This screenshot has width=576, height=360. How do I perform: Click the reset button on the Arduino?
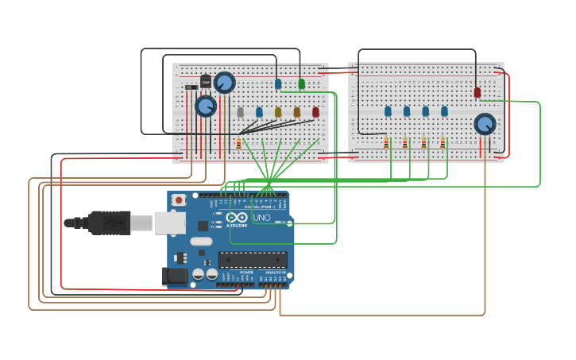point(180,200)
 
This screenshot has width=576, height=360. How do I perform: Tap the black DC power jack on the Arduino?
point(175,277)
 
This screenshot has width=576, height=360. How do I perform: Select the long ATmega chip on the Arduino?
point(253,260)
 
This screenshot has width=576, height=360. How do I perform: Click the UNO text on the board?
point(261,218)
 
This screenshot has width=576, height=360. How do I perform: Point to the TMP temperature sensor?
point(206,81)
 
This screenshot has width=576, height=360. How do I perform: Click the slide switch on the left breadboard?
point(191,87)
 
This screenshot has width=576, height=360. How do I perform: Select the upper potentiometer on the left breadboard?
point(225,83)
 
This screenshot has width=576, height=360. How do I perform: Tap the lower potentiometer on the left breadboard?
point(206,106)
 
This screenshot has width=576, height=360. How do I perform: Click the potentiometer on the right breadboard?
point(485,124)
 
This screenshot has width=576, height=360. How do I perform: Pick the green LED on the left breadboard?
point(301,83)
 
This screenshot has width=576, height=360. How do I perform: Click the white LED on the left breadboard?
point(240,112)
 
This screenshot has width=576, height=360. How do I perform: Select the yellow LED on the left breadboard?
point(278,112)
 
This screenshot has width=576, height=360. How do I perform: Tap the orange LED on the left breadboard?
point(297,112)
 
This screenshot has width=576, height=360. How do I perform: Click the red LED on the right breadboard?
point(477,92)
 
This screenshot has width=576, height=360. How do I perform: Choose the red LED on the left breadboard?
point(315,112)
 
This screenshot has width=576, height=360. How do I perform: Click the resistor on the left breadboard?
point(238,144)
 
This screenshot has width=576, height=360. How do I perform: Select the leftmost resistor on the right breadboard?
point(386,143)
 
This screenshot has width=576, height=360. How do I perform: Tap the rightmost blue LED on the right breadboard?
point(444,111)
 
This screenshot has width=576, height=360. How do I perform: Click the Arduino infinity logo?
point(237,218)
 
